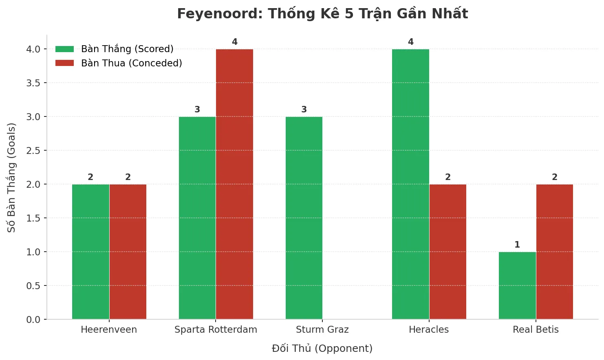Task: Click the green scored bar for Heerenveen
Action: click(90, 252)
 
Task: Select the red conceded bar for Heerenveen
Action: click(128, 252)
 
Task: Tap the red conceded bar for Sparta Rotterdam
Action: click(234, 184)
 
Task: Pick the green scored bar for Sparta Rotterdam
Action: click(197, 218)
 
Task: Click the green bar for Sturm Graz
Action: click(304, 218)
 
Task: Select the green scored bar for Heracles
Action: click(410, 184)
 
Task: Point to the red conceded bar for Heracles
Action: click(447, 252)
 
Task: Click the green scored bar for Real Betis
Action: click(517, 285)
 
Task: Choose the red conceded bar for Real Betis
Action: click(554, 252)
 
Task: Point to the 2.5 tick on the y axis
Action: click(36, 151)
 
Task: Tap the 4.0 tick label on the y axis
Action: click(33, 49)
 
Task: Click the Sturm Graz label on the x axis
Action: click(322, 329)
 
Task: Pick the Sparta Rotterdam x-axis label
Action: click(216, 329)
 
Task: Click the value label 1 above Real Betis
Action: click(517, 245)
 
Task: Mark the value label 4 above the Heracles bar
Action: click(411, 42)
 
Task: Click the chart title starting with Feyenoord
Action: click(322, 14)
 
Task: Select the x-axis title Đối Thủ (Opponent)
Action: click(322, 349)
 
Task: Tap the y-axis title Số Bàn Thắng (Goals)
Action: click(11, 178)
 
